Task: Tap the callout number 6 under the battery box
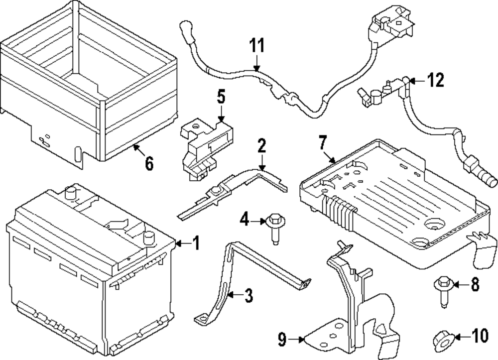149,164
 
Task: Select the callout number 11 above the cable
256,46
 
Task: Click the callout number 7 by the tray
323,142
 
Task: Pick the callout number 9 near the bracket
282,340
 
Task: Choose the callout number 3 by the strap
248,295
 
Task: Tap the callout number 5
221,97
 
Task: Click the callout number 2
262,146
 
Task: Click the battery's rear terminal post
71,192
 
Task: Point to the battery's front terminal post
148,237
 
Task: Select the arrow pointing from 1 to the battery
183,243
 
